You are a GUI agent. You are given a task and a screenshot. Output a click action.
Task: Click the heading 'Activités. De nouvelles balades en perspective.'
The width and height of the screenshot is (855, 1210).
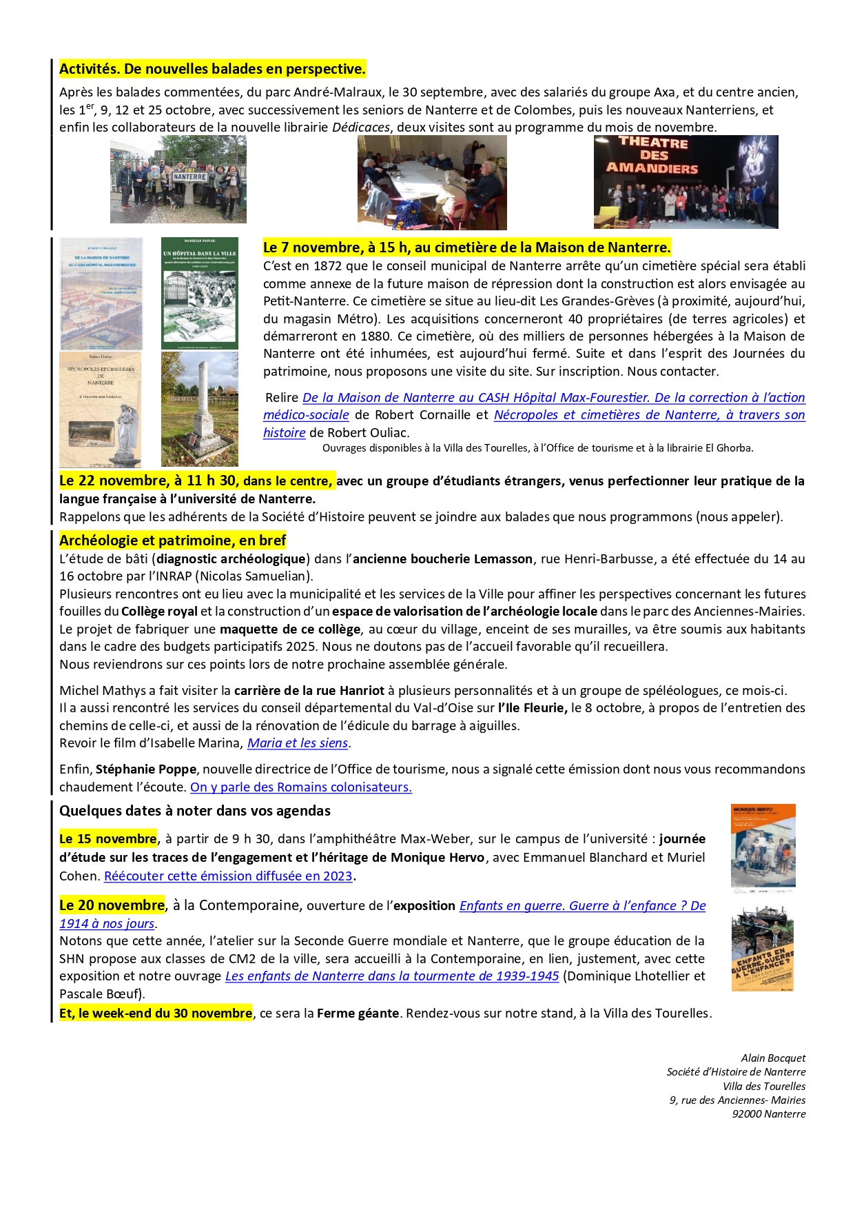tap(212, 69)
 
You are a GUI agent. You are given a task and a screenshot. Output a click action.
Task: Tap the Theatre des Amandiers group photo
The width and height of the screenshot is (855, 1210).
tap(686, 182)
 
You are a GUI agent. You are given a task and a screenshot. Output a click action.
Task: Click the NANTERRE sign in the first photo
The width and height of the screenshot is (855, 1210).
tap(189, 177)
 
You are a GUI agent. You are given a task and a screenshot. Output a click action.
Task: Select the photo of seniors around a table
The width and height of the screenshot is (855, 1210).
tap(432, 182)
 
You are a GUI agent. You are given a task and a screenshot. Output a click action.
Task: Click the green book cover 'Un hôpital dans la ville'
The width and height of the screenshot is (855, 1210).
tap(200, 293)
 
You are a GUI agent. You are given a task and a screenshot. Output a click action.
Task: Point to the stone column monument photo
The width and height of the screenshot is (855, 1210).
tap(200, 409)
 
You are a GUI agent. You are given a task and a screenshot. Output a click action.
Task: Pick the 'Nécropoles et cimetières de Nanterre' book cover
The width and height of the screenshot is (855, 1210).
tap(101, 410)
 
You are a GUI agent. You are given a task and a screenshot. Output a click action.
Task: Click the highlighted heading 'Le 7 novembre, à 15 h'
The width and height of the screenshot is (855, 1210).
tap(466, 248)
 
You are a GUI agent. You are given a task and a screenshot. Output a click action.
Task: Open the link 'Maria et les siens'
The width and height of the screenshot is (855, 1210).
tap(298, 743)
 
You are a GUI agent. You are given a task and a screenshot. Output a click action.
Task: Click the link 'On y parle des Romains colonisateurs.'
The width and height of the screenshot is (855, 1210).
tap(301, 787)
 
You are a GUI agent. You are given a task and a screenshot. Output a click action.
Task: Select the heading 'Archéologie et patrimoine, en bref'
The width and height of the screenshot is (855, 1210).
tap(172, 541)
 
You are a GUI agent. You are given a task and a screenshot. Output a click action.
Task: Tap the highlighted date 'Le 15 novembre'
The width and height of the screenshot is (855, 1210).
tap(108, 839)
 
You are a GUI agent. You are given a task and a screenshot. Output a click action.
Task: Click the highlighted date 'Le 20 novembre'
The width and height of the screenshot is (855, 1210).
tap(112, 905)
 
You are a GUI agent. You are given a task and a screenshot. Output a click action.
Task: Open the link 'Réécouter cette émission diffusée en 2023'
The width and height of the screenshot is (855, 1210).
tap(228, 876)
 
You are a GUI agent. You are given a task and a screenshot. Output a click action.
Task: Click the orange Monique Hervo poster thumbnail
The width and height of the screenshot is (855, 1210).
tap(763, 849)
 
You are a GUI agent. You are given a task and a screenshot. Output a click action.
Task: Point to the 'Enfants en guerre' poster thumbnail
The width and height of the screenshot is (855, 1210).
tap(763, 949)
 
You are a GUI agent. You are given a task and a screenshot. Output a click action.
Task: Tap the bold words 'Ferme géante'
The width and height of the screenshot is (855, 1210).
tap(358, 1014)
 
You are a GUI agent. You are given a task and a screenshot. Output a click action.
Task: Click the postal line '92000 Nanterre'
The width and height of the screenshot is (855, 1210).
tap(768, 1114)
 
